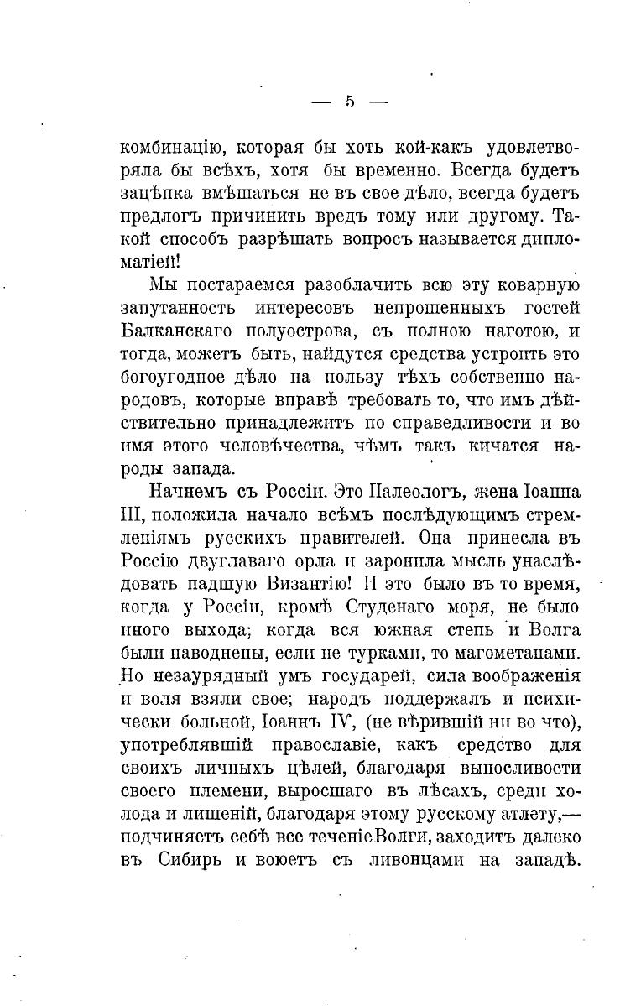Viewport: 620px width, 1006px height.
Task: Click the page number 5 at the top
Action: click(x=350, y=102)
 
